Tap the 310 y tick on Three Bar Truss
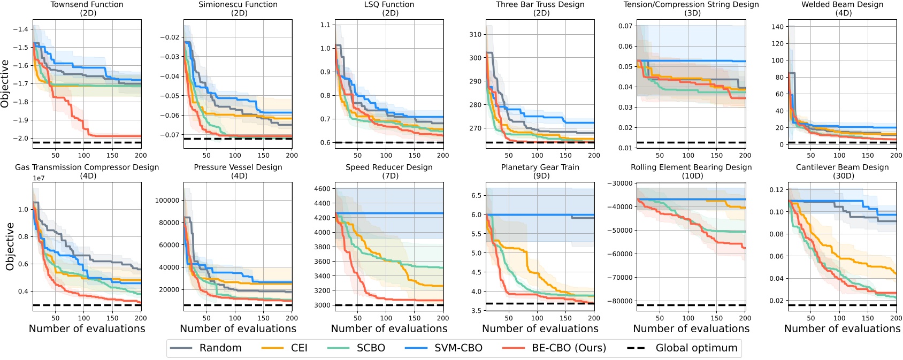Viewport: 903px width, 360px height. [x=475, y=35]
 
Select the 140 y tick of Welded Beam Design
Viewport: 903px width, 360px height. [x=777, y=27]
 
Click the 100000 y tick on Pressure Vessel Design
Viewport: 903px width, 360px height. [x=167, y=201]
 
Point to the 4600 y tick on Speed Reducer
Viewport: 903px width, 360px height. [x=323, y=189]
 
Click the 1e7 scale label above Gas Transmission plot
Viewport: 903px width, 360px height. [x=39, y=179]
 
